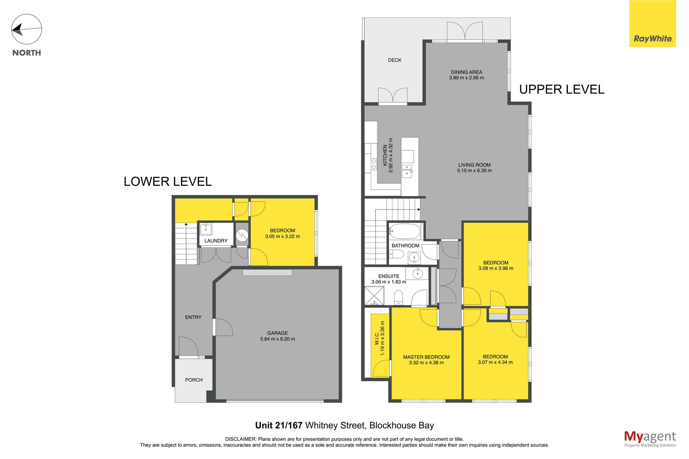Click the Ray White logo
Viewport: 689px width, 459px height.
[x=652, y=24]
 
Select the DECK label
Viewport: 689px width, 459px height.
[x=395, y=60]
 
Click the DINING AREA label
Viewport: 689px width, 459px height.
[x=467, y=72]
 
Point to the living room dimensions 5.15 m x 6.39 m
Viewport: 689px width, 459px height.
[x=474, y=171]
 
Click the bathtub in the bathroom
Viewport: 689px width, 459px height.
[x=404, y=232]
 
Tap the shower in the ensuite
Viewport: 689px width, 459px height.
[x=374, y=296]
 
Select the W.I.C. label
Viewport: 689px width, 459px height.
[x=377, y=338]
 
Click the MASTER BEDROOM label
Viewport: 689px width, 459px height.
[x=426, y=357]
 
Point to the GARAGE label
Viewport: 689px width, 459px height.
[x=277, y=333]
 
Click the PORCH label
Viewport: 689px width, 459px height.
[x=194, y=380]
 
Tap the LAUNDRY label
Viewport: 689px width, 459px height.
[x=216, y=241]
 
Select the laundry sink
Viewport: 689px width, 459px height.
[x=206, y=229]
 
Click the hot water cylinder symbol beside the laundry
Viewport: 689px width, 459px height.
[x=242, y=236]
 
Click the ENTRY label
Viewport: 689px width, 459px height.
[x=193, y=317]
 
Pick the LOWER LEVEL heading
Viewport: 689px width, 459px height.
[x=168, y=181]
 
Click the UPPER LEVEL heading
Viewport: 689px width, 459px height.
[x=562, y=89]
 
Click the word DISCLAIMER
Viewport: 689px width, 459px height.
[x=240, y=439]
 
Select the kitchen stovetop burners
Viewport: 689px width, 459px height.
[x=374, y=165]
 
